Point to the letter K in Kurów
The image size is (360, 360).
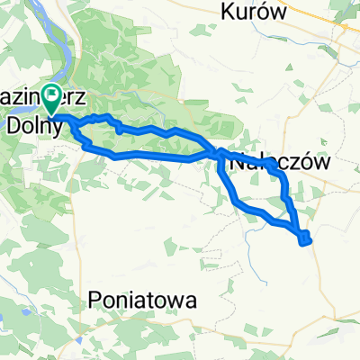tap(228, 13)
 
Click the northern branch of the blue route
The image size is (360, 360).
tap(153, 132)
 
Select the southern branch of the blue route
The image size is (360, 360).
tap(144, 160)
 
